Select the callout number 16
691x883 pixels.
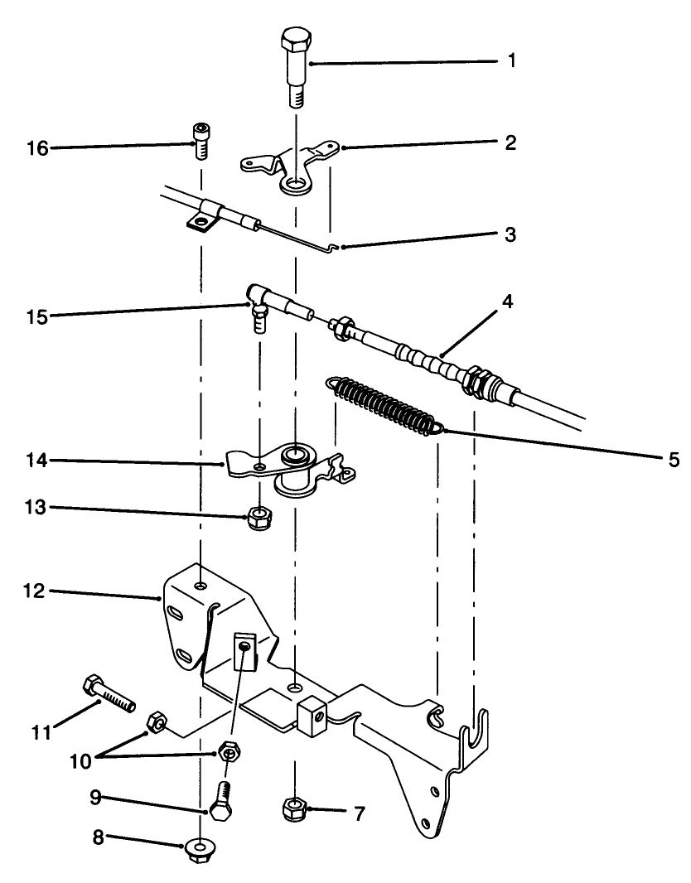pyautogui.click(x=37, y=148)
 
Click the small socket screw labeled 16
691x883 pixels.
pyautogui.click(x=200, y=140)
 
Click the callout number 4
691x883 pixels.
pyautogui.click(x=506, y=302)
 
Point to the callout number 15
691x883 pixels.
pyautogui.click(x=37, y=316)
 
